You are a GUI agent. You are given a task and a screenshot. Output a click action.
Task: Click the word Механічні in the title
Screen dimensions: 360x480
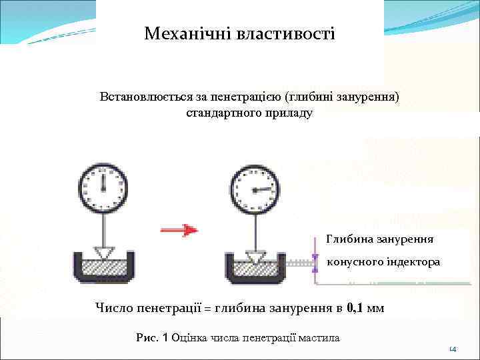click(x=186, y=33)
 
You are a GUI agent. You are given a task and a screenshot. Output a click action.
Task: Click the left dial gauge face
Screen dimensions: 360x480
click(x=103, y=187)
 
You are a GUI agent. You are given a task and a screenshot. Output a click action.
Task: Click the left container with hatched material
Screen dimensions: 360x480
click(x=103, y=270)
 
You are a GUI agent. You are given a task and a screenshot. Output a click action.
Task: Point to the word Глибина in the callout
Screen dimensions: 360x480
click(x=350, y=237)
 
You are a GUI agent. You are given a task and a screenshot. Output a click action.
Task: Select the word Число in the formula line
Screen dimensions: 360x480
click(x=113, y=308)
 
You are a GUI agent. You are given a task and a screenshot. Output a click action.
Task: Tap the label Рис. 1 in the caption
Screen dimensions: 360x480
click(x=152, y=338)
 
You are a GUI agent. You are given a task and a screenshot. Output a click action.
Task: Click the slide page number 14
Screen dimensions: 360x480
click(x=452, y=349)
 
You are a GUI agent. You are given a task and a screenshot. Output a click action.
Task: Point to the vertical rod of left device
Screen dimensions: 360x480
click(x=103, y=227)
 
